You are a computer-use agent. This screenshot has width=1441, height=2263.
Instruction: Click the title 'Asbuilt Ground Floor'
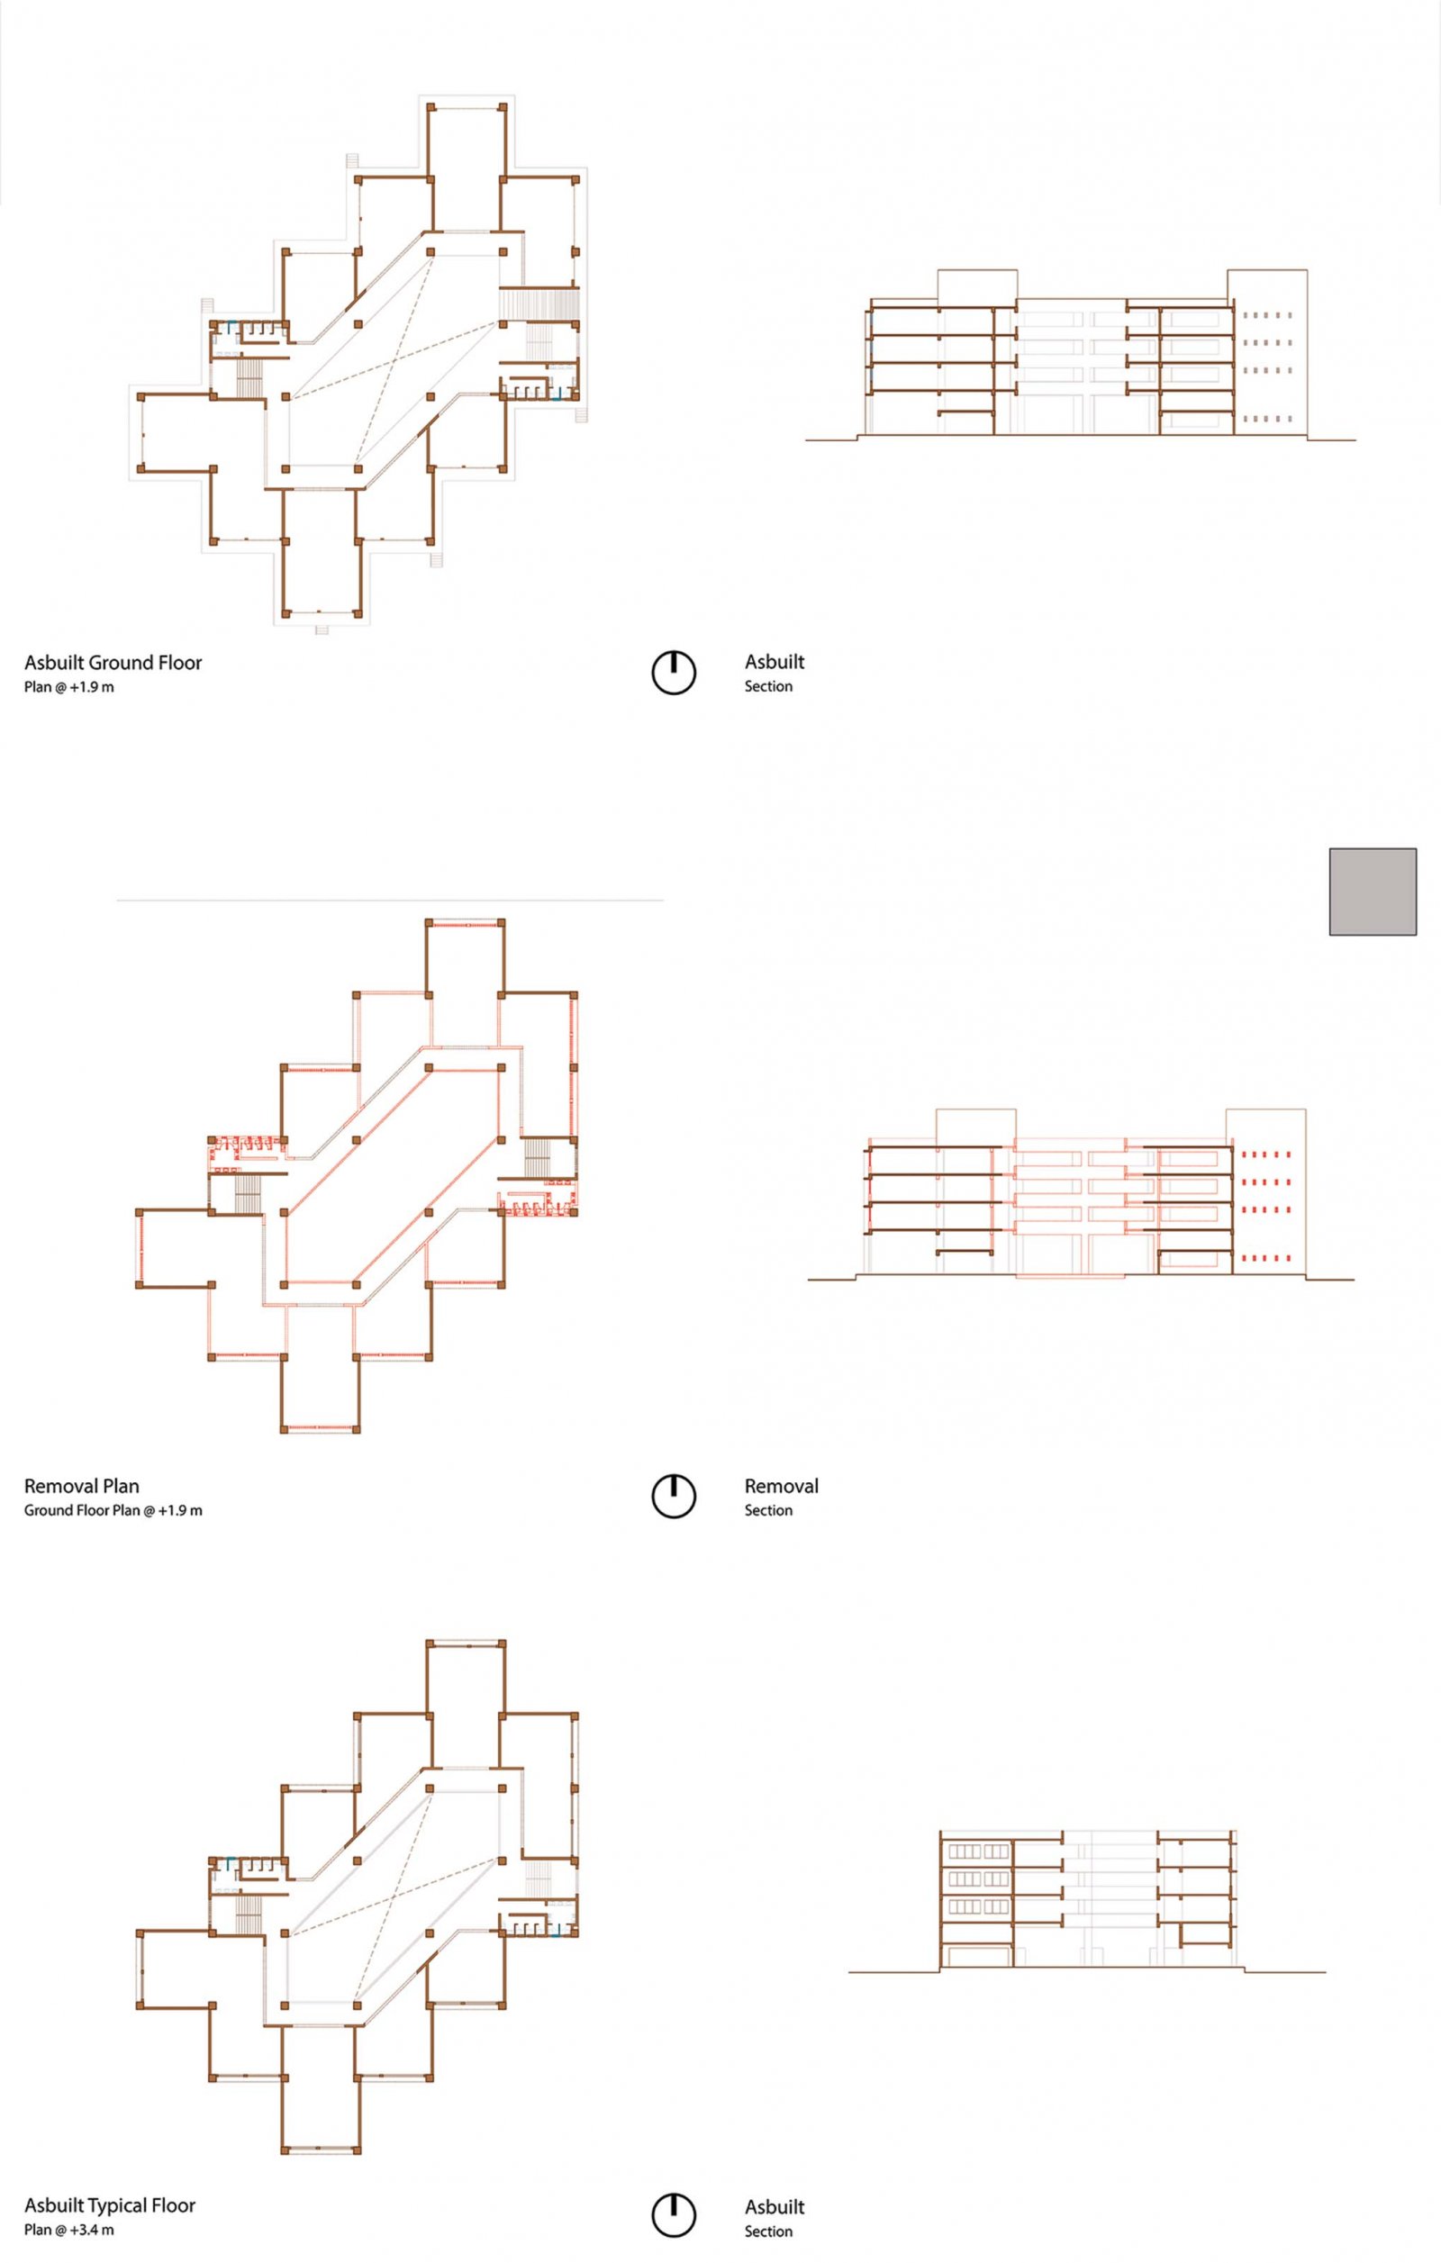coord(113,662)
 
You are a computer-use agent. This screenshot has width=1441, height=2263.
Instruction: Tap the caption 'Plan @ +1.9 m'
coord(69,687)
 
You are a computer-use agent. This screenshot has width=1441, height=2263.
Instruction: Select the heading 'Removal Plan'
coord(82,1486)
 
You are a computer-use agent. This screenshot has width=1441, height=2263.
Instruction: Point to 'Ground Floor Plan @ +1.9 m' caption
coord(113,1510)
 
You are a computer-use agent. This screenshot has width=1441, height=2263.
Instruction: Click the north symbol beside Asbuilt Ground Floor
coord(674,673)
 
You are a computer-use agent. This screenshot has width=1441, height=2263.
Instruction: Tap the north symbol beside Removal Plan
coord(674,1496)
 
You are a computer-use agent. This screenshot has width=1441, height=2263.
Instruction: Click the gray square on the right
coord(1373,892)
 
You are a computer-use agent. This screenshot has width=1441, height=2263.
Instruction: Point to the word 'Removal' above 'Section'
coord(781,1486)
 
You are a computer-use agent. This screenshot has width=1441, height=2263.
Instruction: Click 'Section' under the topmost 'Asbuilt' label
coord(768,686)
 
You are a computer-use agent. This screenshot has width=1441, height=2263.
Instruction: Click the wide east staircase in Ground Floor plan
coord(537,303)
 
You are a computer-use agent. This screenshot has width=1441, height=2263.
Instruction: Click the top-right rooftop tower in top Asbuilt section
coord(1266,352)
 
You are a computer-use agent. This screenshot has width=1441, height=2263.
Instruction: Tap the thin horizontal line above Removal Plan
coord(390,901)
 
